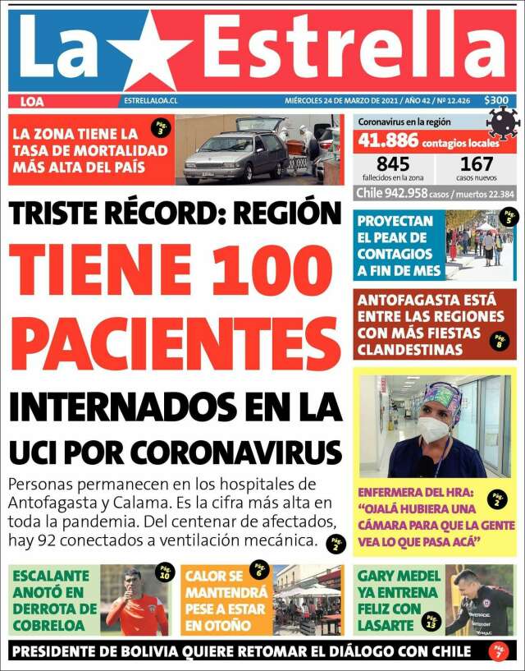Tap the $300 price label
[x=496, y=101]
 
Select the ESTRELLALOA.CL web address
[x=152, y=101]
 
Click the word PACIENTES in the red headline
[x=175, y=343]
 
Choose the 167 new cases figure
[x=476, y=163]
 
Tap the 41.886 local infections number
[x=387, y=141]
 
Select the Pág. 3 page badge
[x=160, y=127]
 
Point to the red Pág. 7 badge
[x=498, y=651]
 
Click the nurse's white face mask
[x=432, y=429]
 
